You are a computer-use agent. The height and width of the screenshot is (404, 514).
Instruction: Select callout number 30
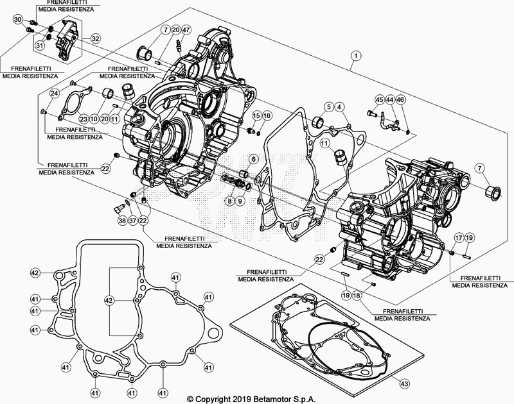(x=17, y=19)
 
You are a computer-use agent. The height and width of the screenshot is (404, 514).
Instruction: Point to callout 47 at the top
(x=185, y=30)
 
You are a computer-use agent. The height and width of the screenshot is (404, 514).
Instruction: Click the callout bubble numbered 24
(x=55, y=94)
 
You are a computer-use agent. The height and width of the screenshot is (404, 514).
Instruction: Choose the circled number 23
(x=83, y=119)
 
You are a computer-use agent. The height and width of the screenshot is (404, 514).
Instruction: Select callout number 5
(x=328, y=106)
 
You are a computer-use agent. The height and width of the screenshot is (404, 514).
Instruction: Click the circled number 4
(x=339, y=106)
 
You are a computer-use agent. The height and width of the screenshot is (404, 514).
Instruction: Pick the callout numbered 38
(x=122, y=221)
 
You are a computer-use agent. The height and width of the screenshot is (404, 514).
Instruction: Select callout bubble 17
(x=457, y=238)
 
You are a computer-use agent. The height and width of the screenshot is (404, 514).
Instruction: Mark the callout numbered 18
(x=358, y=294)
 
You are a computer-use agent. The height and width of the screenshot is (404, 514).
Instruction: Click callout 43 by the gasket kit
(x=403, y=383)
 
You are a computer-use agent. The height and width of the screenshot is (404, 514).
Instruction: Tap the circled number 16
(x=267, y=115)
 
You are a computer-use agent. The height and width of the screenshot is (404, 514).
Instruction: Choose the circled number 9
(x=240, y=201)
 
